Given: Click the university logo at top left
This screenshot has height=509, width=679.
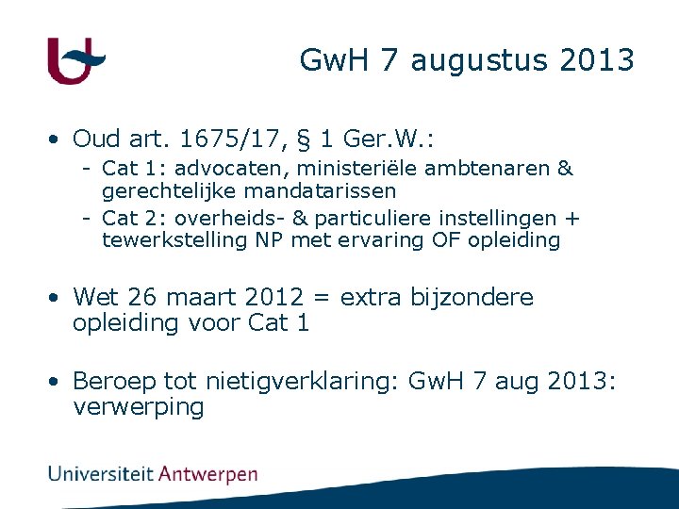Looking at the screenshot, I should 75,60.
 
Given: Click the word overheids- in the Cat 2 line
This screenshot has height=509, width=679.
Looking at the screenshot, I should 240,219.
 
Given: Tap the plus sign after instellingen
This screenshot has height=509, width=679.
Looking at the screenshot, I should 571,219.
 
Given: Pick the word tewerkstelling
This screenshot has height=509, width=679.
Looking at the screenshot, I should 175,239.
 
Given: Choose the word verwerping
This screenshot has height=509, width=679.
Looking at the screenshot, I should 138,407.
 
